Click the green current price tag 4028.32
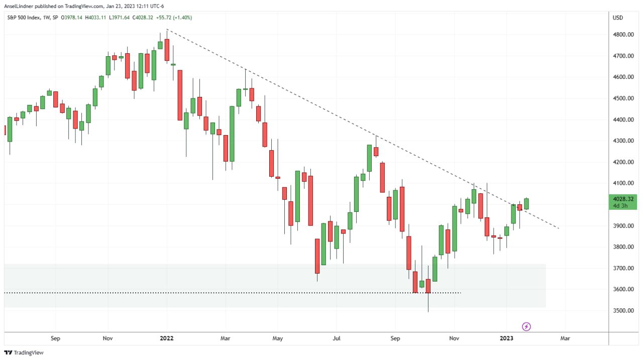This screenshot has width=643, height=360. tap(623, 199)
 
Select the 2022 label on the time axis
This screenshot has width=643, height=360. tap(166, 338)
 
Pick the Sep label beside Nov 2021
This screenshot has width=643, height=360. tap(55, 338)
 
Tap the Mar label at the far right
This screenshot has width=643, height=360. tap(565, 338)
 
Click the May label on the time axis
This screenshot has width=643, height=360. tap(277, 338)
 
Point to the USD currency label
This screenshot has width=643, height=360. tap(618, 18)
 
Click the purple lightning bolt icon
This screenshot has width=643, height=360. tap(526, 327)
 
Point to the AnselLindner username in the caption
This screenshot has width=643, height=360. tap(19, 6)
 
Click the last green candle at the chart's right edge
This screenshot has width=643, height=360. tap(526, 203)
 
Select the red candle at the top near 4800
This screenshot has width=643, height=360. tap(167, 50)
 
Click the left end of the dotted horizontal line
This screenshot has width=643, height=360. tap(5, 293)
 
